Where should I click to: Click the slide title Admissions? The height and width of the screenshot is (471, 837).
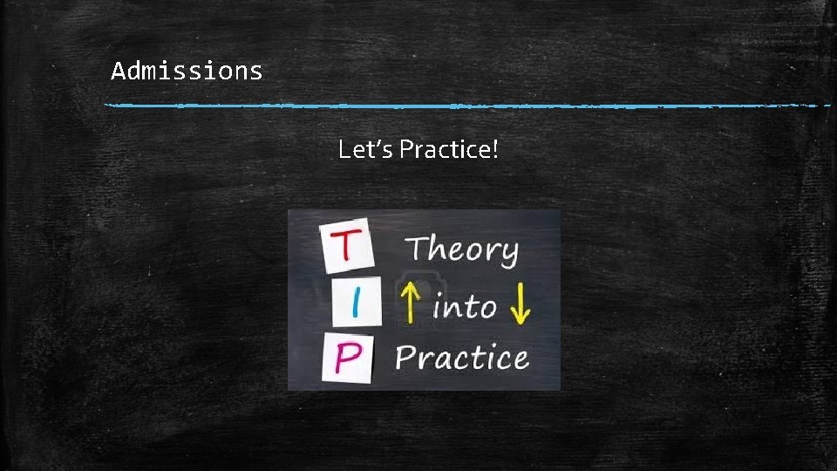[187, 71]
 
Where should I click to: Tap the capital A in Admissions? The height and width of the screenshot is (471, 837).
[118, 71]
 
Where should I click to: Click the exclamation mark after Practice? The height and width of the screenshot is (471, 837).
[495, 150]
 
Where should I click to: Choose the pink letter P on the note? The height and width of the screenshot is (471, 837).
[346, 360]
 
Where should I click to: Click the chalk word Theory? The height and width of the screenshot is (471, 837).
[461, 250]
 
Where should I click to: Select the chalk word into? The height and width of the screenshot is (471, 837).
[464, 306]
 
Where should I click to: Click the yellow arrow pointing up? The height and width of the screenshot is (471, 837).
[411, 305]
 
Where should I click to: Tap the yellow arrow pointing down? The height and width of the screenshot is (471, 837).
[519, 305]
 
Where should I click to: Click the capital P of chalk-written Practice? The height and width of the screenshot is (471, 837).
[405, 358]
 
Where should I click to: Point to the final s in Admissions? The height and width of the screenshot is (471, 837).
[255, 72]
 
